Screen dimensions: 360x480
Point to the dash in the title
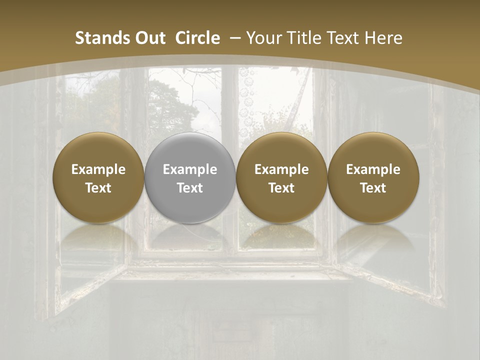(233, 38)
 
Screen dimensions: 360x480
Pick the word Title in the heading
(306, 38)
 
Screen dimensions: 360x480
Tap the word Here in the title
(383, 38)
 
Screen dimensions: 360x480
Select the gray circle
(190, 178)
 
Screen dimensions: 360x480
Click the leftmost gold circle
(98, 178)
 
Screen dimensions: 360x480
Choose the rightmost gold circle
(373, 178)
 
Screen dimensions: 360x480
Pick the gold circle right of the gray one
(281, 178)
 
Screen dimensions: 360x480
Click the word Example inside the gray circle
(190, 169)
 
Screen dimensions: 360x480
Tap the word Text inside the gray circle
(190, 188)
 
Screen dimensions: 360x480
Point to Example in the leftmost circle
(98, 169)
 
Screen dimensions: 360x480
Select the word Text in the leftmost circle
(98, 188)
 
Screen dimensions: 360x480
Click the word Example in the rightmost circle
(373, 169)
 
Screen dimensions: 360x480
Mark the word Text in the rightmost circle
(373, 188)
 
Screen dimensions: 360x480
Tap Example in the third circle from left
(281, 169)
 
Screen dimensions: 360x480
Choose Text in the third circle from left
(281, 188)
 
